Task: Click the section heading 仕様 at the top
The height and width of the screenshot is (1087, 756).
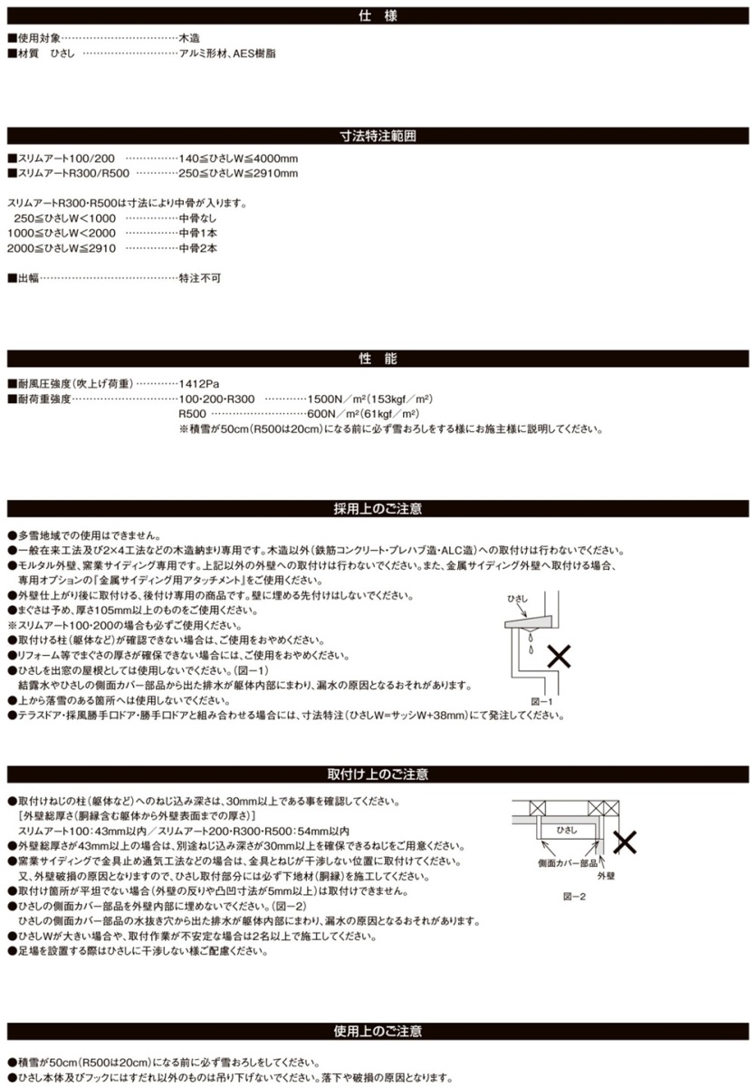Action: click(378, 15)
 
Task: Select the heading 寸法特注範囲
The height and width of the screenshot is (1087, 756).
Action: click(378, 137)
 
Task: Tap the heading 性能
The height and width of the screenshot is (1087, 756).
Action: click(378, 360)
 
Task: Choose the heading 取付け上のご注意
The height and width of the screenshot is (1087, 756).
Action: click(378, 774)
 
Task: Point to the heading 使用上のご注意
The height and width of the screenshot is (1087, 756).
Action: click(378, 1032)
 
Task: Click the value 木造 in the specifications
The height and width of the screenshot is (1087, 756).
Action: click(191, 39)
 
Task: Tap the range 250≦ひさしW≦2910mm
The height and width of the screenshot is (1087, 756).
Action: click(237, 173)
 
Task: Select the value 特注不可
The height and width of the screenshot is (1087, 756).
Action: click(199, 278)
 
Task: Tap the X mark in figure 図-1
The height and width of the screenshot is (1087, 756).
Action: click(560, 657)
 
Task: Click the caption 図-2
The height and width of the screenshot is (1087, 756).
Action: click(574, 896)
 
